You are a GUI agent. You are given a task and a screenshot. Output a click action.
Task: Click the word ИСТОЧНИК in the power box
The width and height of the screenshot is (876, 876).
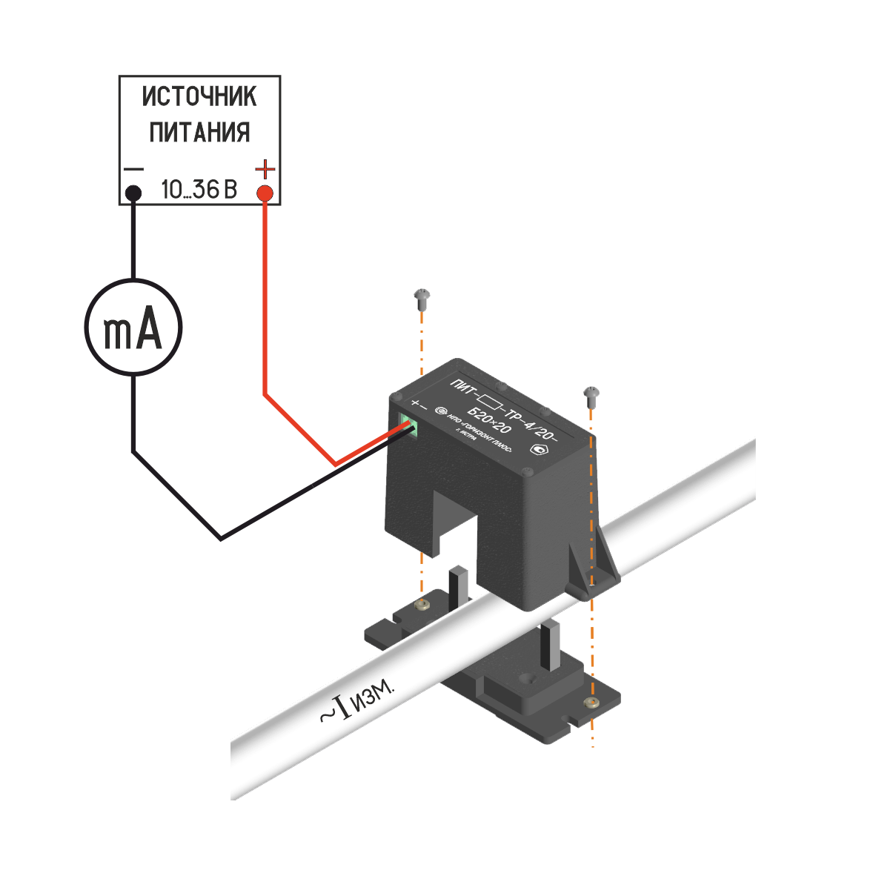[199, 96]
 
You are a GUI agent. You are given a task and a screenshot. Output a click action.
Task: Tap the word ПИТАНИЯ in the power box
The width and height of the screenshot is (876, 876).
[199, 133]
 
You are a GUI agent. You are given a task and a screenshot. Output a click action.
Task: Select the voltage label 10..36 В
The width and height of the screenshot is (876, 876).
[199, 190]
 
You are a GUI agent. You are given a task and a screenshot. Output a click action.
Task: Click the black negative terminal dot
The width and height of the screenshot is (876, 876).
[133, 193]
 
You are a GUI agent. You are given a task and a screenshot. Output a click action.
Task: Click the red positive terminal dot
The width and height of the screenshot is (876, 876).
[265, 194]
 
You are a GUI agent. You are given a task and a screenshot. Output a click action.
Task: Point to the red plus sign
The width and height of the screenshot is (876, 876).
[265, 170]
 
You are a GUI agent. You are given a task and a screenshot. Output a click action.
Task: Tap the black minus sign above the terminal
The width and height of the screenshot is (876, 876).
[133, 169]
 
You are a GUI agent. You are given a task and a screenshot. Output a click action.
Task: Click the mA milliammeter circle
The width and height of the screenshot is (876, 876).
[133, 327]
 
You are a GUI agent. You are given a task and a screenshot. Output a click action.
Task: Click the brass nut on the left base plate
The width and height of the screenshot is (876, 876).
[422, 603]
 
